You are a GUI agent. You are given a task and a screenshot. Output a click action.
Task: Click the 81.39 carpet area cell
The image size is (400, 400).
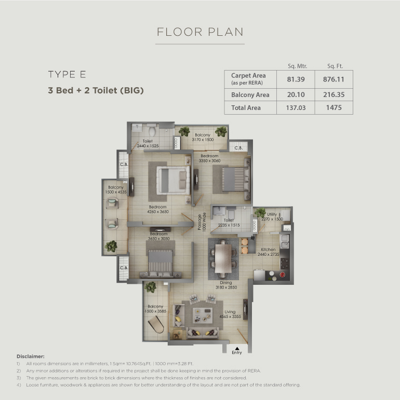click(296, 79)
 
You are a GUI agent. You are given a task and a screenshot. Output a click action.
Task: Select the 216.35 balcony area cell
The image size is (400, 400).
click(334, 94)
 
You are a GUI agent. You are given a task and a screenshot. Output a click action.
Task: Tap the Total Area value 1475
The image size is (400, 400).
click(334, 108)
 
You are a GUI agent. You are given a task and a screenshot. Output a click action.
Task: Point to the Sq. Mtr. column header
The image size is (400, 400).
click(297, 66)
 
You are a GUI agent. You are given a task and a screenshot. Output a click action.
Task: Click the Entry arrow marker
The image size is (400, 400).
click(237, 349)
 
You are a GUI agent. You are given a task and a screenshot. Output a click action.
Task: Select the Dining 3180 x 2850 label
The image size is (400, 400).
click(226, 285)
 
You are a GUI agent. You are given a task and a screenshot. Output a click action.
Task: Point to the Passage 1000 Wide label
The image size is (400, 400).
click(202, 222)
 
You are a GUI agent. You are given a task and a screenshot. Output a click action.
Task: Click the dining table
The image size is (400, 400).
click(223, 258)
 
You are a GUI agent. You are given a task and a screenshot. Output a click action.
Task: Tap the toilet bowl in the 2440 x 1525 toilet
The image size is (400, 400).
click(152, 130)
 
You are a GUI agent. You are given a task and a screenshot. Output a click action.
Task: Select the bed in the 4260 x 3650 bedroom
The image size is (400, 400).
click(174, 180)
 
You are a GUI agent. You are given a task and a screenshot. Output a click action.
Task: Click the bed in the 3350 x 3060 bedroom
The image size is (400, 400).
click(235, 179)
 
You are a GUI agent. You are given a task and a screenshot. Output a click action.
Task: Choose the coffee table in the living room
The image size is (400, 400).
click(203, 315)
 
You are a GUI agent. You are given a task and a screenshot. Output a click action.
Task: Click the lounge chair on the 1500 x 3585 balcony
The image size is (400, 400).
click(156, 324)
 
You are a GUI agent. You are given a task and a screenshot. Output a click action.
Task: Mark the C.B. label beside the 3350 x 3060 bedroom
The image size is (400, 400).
click(238, 148)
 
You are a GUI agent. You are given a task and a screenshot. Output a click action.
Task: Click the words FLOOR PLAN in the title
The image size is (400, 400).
click(200, 32)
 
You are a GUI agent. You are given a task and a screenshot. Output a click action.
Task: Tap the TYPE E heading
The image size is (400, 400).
click(67, 75)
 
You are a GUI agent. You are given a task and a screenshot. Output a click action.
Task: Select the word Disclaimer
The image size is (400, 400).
click(31, 356)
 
